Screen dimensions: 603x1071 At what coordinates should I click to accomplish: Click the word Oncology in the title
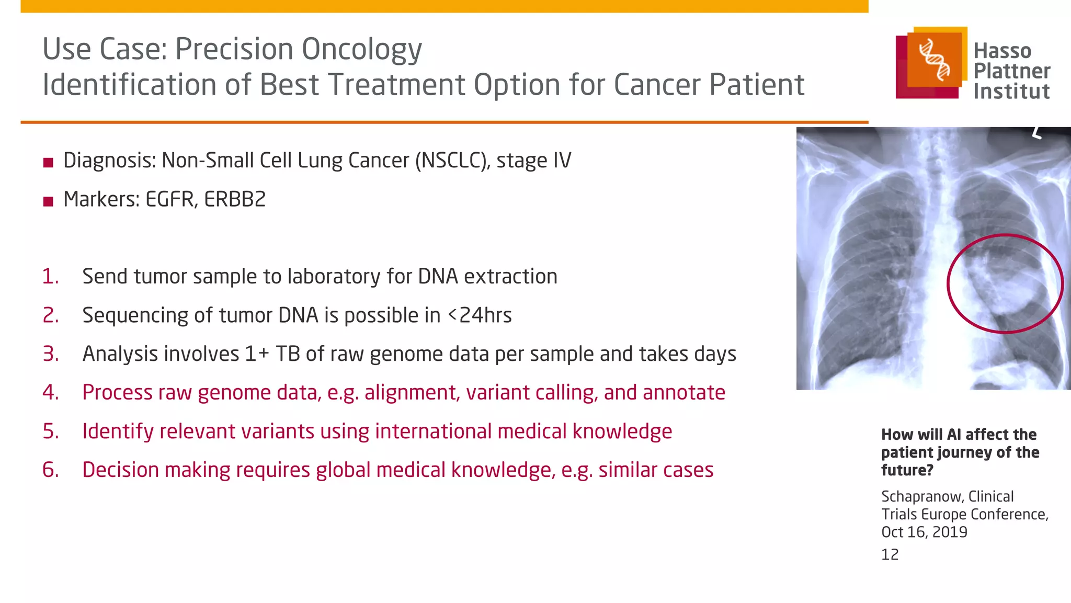pyautogui.click(x=361, y=50)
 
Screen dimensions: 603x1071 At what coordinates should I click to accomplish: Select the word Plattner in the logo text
pyautogui.click(x=1011, y=71)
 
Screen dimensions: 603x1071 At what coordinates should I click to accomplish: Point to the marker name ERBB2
pyautogui.click(x=235, y=200)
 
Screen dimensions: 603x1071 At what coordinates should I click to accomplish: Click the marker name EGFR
pyautogui.click(x=168, y=200)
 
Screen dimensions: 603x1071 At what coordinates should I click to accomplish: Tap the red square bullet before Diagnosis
pyautogui.click(x=49, y=163)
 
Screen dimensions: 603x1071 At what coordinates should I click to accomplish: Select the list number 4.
pyautogui.click(x=51, y=393)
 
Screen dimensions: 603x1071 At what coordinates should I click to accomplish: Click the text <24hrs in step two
pyautogui.click(x=480, y=315)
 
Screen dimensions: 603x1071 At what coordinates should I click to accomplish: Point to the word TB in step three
pyautogui.click(x=288, y=354)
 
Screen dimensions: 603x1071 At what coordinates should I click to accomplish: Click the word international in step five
pyautogui.click(x=433, y=431)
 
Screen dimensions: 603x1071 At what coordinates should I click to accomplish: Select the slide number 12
pyautogui.click(x=890, y=554)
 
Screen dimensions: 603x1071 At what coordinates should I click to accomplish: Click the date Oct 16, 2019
pyautogui.click(x=924, y=532)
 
